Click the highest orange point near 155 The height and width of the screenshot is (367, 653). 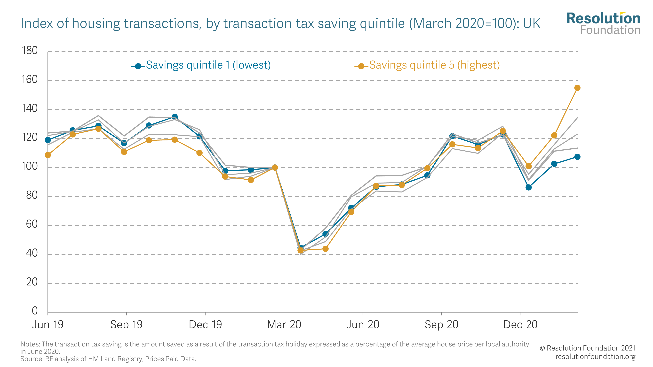pyautogui.click(x=577, y=88)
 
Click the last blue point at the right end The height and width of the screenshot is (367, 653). pyautogui.click(x=577, y=157)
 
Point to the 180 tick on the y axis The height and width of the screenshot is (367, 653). pyautogui.click(x=30, y=51)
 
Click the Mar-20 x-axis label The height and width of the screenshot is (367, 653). pyautogui.click(x=284, y=324)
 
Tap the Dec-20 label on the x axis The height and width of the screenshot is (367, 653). pyautogui.click(x=520, y=324)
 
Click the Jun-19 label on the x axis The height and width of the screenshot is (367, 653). pyautogui.click(x=48, y=324)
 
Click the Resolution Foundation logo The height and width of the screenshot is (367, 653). pyautogui.click(x=603, y=23)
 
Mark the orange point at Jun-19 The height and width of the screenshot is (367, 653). pyautogui.click(x=48, y=155)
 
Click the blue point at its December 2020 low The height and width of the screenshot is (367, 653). pyautogui.click(x=529, y=187)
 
